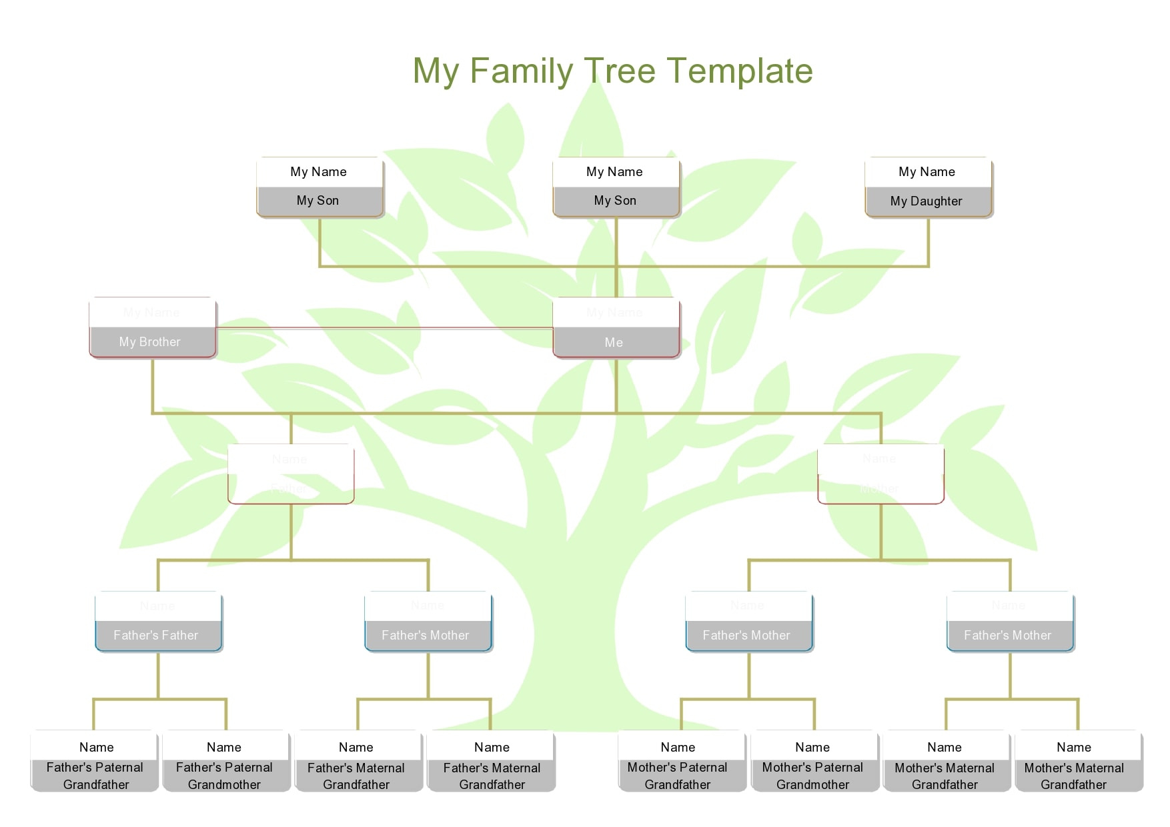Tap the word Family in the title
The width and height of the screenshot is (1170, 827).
pyautogui.click(x=521, y=71)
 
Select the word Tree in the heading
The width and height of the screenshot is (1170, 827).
pyautogui.click(x=620, y=71)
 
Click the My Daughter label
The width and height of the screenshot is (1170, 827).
pyautogui.click(x=927, y=201)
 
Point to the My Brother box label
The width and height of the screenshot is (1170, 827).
pyautogui.click(x=150, y=342)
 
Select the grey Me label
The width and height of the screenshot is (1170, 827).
pyautogui.click(x=614, y=343)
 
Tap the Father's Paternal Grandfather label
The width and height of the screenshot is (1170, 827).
pyautogui.click(x=95, y=776)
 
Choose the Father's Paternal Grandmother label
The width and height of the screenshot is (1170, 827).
pyautogui.click(x=225, y=776)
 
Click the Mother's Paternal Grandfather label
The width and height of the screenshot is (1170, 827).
pyautogui.click(x=678, y=776)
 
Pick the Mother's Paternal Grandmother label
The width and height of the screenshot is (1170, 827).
pyautogui.click(x=812, y=776)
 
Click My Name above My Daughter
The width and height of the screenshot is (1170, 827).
pyautogui.click(x=927, y=172)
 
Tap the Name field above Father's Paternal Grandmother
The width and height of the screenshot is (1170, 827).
pyautogui.click(x=224, y=747)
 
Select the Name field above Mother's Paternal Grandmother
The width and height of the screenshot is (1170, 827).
pyautogui.click(x=812, y=747)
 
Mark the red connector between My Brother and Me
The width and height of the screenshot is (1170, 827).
pyautogui.click(x=384, y=328)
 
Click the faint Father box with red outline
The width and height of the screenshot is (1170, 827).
pyautogui.click(x=291, y=474)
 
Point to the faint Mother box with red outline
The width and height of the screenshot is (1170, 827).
pyautogui.click(x=881, y=474)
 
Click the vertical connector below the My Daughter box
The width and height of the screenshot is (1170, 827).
pyautogui.click(x=928, y=241)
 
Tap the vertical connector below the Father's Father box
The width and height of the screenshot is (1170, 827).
pyautogui.click(x=158, y=675)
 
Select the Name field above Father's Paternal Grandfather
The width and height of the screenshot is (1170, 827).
pyautogui.click(x=96, y=747)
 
